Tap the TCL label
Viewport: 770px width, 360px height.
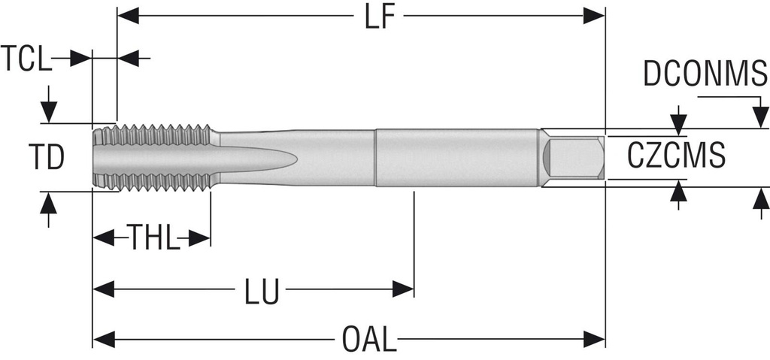(x=26, y=58)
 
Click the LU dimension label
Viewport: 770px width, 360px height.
(x=262, y=292)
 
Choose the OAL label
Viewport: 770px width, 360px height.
(x=369, y=340)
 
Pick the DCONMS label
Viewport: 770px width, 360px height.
(x=705, y=74)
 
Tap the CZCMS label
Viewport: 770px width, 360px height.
(x=676, y=156)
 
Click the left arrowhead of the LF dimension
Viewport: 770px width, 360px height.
(x=128, y=16)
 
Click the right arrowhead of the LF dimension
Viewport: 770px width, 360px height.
(x=594, y=16)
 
